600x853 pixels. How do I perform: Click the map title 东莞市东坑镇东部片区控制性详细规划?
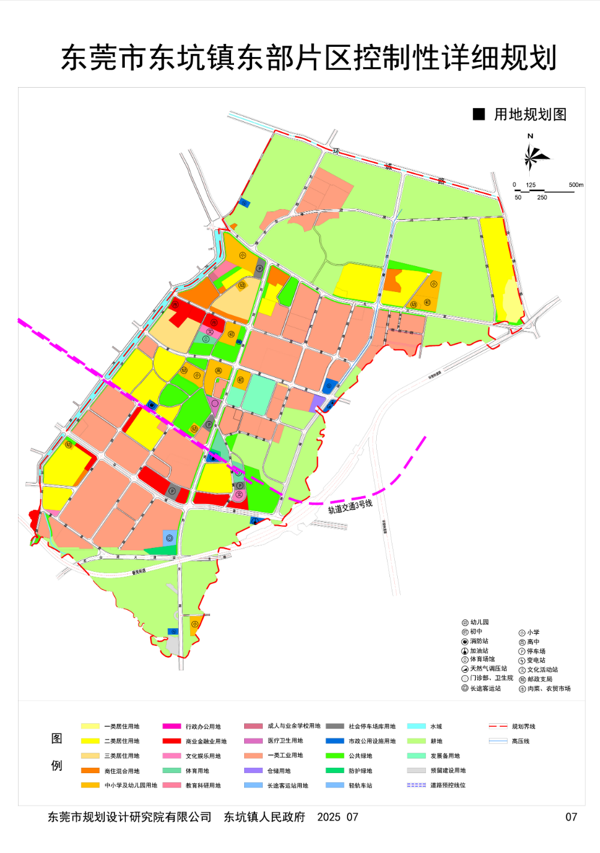(309, 58)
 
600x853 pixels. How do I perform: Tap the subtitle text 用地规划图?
(530, 115)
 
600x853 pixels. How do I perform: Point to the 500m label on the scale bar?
(575, 185)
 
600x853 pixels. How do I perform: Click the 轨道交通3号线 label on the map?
(350, 506)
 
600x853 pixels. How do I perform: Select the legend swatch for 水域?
(416, 726)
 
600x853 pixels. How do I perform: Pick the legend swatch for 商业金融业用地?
(172, 741)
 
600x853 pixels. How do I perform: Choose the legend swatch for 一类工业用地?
(253, 756)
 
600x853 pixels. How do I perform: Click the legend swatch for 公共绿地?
(335, 756)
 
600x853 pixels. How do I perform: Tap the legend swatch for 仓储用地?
(253, 771)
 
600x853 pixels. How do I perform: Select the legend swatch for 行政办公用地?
(172, 726)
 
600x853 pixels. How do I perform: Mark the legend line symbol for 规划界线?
(498, 726)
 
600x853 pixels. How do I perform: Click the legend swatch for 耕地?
(416, 741)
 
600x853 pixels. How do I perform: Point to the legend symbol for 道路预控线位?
(416, 785)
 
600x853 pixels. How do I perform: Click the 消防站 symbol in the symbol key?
(465, 642)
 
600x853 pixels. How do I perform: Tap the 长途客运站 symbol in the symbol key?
(465, 688)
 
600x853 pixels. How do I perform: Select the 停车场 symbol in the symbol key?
(522, 651)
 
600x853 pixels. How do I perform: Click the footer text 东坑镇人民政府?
(265, 817)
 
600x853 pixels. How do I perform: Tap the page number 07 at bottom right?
(571, 817)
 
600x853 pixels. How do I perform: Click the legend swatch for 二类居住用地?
(90, 741)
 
